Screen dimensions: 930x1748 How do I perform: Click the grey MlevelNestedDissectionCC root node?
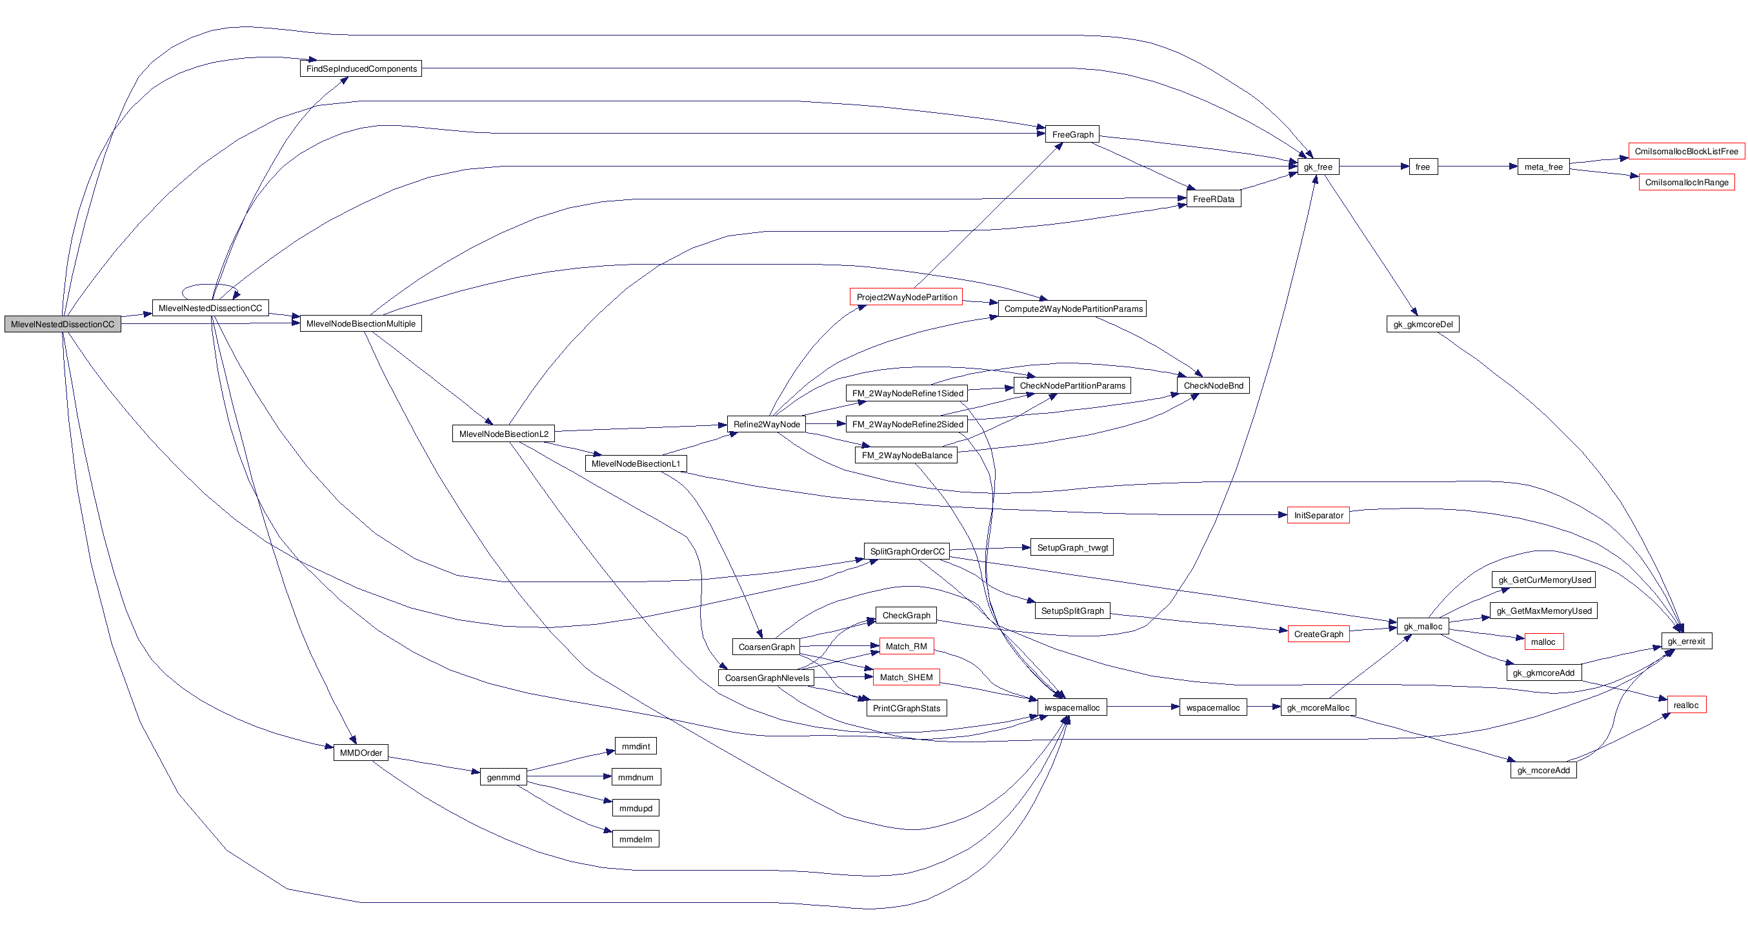[63, 325]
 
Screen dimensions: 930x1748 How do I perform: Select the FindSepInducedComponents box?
[361, 68]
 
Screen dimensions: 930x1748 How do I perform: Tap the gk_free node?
[1317, 167]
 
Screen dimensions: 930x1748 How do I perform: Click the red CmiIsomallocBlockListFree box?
[1685, 152]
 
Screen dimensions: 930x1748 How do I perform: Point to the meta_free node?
[1543, 167]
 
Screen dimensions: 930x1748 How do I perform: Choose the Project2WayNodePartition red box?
[906, 298]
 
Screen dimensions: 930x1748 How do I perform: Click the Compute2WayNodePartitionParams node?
[1072, 309]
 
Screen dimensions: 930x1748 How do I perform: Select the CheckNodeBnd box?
[1212, 385]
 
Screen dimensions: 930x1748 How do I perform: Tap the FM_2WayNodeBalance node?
[906, 456]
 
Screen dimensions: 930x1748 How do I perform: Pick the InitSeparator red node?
[1318, 515]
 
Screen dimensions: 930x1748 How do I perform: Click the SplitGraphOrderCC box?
[907, 551]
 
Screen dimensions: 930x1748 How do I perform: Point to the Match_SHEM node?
[906, 678]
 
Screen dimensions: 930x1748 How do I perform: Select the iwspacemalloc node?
[1072, 707]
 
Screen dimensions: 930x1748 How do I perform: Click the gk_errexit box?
[1685, 641]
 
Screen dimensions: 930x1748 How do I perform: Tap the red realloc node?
[1685, 705]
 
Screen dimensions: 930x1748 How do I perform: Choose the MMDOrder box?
[360, 753]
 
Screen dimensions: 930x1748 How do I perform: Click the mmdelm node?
[635, 840]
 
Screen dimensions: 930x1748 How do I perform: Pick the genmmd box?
[503, 777]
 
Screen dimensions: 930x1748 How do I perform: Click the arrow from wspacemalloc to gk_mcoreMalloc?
[1263, 707]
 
